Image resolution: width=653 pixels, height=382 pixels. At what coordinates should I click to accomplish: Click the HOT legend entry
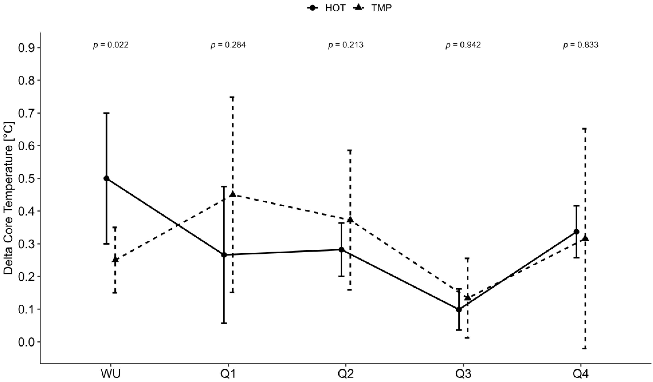tap(326, 8)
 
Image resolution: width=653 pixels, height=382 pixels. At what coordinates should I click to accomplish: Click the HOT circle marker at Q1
tap(224, 255)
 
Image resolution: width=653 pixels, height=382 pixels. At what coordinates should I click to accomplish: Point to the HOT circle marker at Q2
tap(341, 249)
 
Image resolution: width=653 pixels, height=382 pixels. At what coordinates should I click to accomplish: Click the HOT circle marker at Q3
tap(459, 309)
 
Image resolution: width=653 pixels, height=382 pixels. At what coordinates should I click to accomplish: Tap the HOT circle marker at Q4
tap(577, 232)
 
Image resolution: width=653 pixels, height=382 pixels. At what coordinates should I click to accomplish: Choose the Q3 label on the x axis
tap(463, 374)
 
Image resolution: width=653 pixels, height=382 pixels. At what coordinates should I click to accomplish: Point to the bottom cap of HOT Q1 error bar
tap(224, 323)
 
